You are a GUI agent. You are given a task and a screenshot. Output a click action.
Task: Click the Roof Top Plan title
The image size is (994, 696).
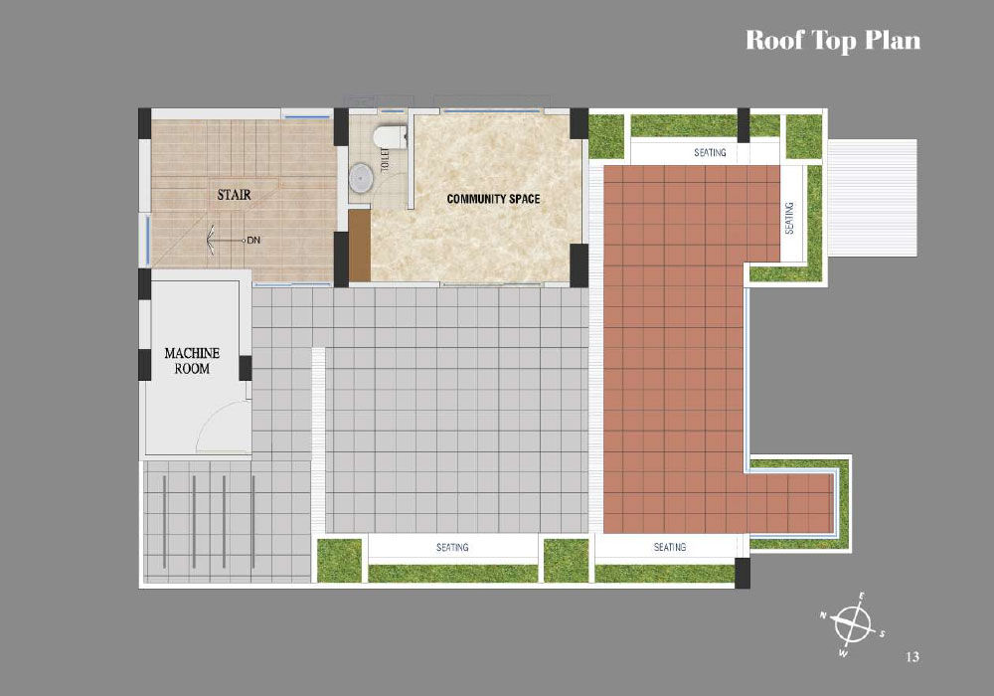click(x=832, y=41)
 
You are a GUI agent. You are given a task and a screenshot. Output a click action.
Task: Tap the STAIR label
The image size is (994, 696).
click(x=234, y=195)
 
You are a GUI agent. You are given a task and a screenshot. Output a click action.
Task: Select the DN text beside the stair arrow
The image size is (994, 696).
click(x=253, y=241)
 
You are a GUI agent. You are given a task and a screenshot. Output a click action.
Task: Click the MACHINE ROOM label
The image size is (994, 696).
click(x=192, y=361)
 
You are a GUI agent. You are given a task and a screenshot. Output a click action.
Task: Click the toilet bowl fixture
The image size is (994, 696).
click(x=389, y=136)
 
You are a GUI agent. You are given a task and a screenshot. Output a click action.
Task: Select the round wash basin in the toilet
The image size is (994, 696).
click(x=362, y=178)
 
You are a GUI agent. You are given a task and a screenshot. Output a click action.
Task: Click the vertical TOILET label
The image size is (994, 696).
click(x=384, y=158)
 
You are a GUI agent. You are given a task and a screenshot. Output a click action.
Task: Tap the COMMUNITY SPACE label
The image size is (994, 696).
click(x=493, y=199)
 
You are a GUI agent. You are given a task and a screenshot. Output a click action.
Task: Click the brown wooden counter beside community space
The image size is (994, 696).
click(x=360, y=246)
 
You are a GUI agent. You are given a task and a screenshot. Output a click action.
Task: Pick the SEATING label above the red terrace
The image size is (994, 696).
click(x=710, y=153)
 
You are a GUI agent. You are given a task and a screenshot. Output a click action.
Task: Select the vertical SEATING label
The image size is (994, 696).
click(x=789, y=218)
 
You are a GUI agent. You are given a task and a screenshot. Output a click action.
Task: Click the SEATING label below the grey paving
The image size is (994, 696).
click(x=452, y=547)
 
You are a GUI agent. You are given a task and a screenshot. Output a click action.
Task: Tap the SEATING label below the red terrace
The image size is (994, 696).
click(x=669, y=547)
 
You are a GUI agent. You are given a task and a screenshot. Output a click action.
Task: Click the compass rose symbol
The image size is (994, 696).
click(x=852, y=624)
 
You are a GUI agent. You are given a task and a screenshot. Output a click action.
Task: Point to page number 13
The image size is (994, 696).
click(x=912, y=656)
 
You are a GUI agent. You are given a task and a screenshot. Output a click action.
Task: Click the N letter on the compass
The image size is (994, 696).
click(x=823, y=614)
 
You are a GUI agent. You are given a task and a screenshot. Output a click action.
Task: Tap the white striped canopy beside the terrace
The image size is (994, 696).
click(x=873, y=198)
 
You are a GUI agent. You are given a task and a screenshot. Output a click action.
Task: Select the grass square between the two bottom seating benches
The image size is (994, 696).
click(x=566, y=561)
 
